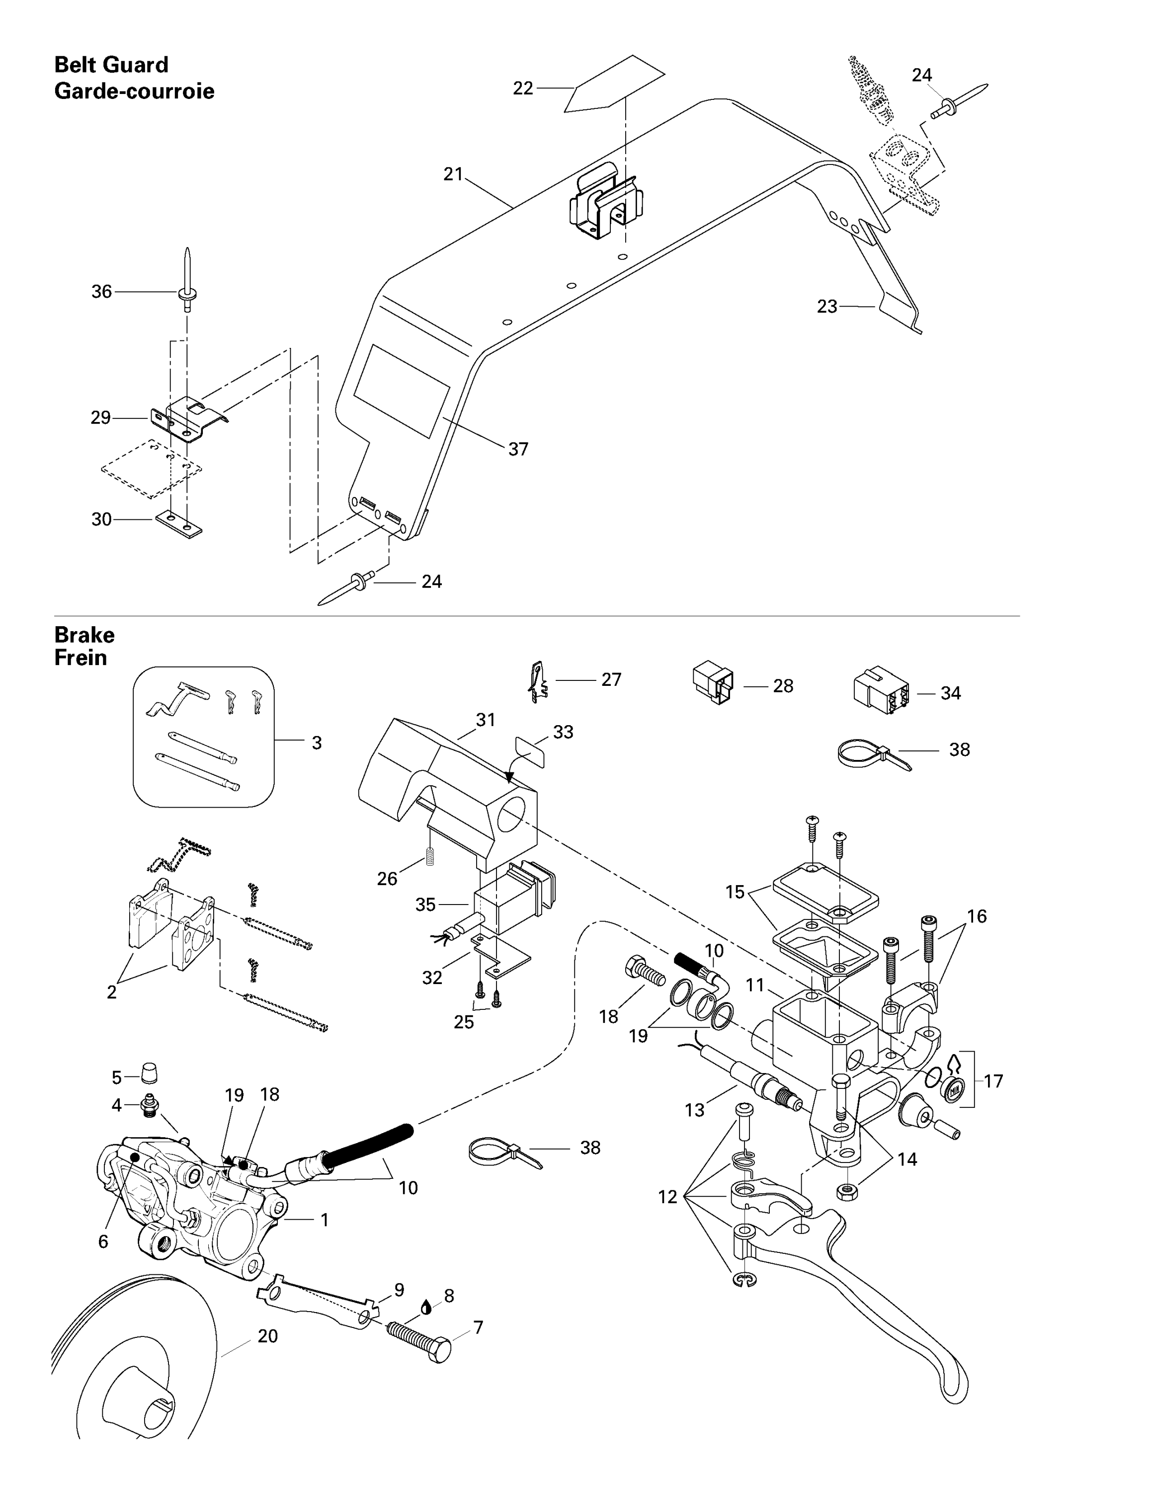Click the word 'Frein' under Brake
81,658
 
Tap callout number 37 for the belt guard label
518,449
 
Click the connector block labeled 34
880,694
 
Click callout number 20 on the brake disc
267,1335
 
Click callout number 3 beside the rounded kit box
317,743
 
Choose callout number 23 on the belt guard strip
827,307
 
